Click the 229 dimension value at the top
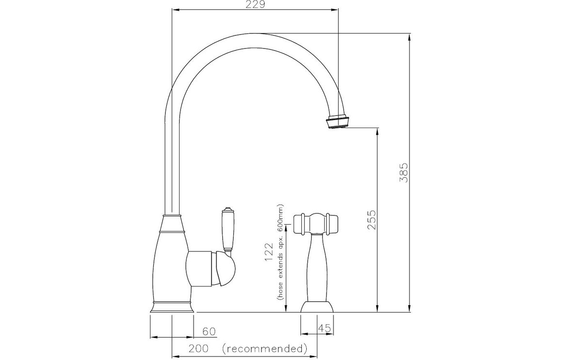pos(256,5)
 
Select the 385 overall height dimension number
pos(404,173)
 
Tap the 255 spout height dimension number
pos(372,220)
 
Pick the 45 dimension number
pos(324,328)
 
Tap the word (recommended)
pos(264,348)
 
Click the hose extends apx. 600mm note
pos(280,252)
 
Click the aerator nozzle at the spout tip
pos(338,121)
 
